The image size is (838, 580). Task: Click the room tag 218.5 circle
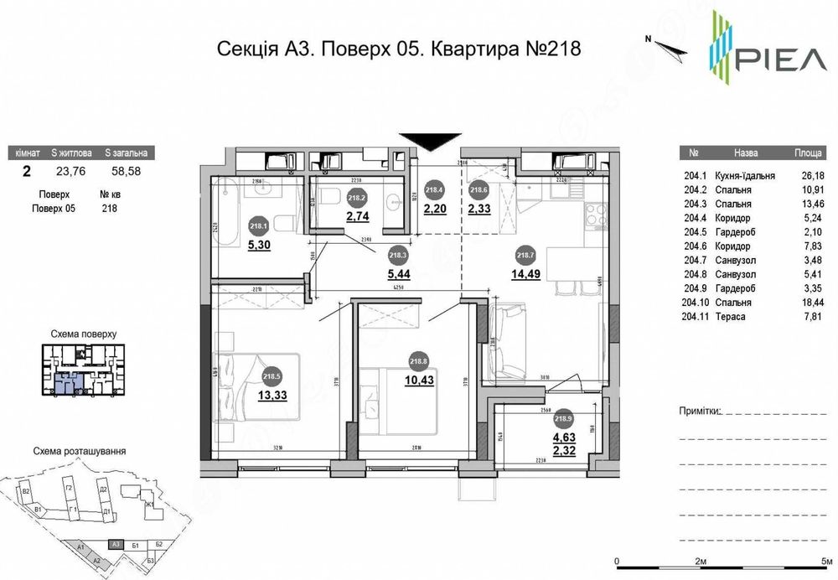tap(271, 376)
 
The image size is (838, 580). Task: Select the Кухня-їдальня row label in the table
tap(746, 176)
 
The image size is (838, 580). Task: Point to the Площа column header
tap(808, 154)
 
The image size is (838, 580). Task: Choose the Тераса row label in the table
tap(732, 316)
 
